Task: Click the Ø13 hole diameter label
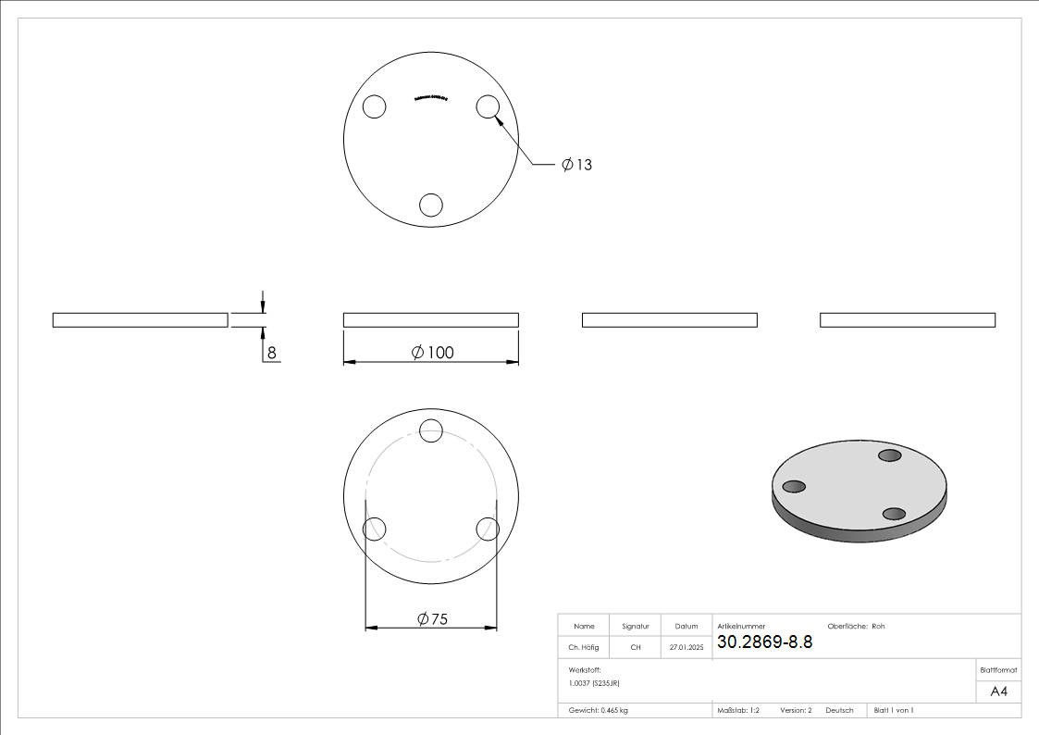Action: tap(576, 165)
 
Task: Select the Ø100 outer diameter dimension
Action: tap(432, 353)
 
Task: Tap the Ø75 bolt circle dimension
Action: tap(431, 619)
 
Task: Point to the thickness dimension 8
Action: tap(271, 353)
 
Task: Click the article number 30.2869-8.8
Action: tap(764, 642)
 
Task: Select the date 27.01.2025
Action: tap(686, 648)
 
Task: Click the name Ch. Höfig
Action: tap(583, 648)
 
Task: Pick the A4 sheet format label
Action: tap(998, 691)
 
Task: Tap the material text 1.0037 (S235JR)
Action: tap(594, 682)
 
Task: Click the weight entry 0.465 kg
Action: tap(599, 711)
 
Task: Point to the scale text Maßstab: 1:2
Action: tap(738, 711)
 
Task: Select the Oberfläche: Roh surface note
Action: tap(856, 627)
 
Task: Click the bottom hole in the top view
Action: tap(431, 205)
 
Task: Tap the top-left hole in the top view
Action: tap(374, 107)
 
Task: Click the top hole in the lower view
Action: tap(431, 430)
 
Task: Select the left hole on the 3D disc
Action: tap(794, 487)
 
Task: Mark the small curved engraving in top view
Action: tap(430, 97)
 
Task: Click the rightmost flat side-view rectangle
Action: tap(908, 320)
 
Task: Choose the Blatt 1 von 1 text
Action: tap(894, 711)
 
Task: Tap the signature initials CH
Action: tap(636, 648)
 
